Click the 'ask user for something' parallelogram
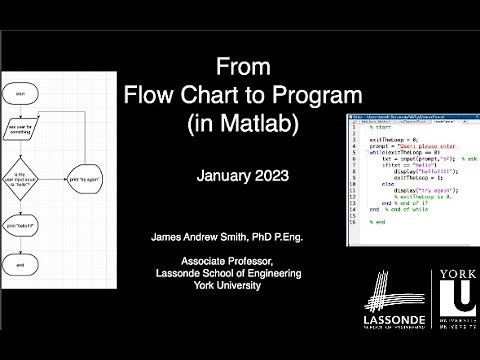pos(21,130)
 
